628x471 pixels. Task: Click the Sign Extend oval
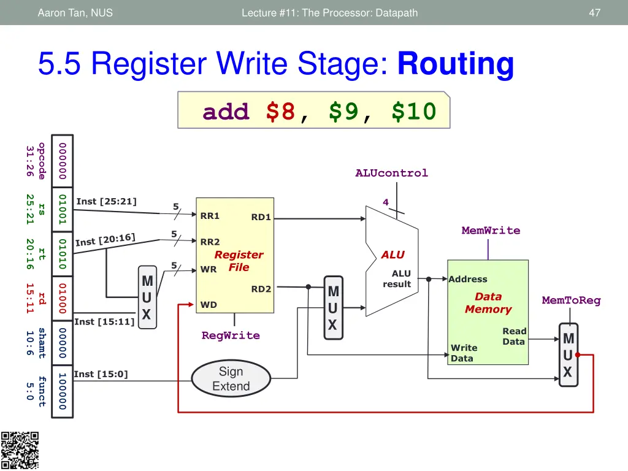[x=231, y=378]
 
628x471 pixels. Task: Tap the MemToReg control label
[x=571, y=301]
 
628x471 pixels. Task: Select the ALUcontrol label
[x=391, y=173]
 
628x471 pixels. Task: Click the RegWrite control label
[x=231, y=335]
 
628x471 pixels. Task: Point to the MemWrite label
[x=491, y=231]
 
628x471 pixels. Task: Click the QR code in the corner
[x=20, y=450]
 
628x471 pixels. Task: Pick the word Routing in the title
[x=456, y=64]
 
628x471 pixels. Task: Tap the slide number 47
[x=594, y=12]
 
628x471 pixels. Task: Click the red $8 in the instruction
[x=281, y=112]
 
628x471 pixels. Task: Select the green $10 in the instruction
[x=414, y=112]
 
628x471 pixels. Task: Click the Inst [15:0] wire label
[x=101, y=374]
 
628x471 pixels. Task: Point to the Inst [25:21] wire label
[x=106, y=201]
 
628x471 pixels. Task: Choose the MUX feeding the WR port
[x=147, y=298]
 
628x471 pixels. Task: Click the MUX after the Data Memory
[x=569, y=356]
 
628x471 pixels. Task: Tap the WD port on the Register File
[x=209, y=305]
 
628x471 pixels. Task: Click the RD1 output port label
[x=261, y=217]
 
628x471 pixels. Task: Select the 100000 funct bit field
[x=62, y=391]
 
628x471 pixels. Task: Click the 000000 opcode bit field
[x=62, y=161]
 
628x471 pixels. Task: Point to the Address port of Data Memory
[x=468, y=279]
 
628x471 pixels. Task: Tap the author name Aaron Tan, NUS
[x=75, y=12]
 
